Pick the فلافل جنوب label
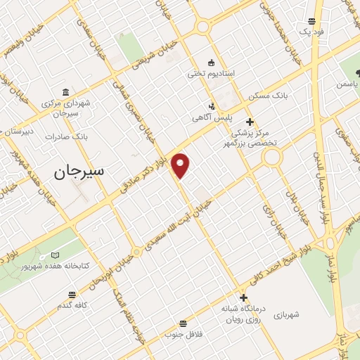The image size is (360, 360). pyautogui.click(x=184, y=335)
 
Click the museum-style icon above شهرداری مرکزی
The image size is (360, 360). pyautogui.click(x=65, y=92)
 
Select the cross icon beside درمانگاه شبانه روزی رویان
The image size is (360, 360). pyautogui.click(x=243, y=297)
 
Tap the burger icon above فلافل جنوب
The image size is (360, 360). pyautogui.click(x=184, y=323)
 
